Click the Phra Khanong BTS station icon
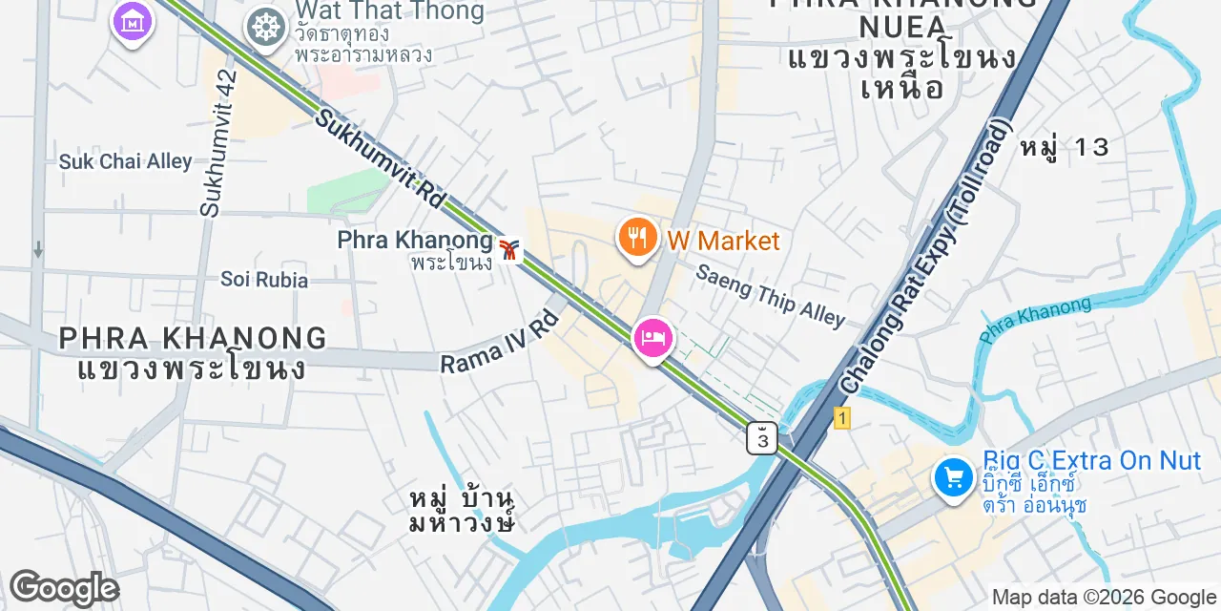click(511, 250)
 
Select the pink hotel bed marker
click(653, 339)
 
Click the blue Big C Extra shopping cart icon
click(953, 476)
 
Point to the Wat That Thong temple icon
click(266, 27)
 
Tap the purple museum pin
click(132, 21)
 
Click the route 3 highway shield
click(762, 438)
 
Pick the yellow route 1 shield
click(841, 418)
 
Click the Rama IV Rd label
click(499, 341)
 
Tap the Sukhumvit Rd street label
click(381, 159)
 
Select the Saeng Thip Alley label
click(770, 295)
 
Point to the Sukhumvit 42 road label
click(218, 141)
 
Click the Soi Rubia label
click(264, 280)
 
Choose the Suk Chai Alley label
click(126, 161)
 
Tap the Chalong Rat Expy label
click(924, 255)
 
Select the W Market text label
click(723, 241)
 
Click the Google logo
click(63, 588)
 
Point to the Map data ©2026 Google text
click(1104, 598)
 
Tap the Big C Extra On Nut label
click(1091, 461)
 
